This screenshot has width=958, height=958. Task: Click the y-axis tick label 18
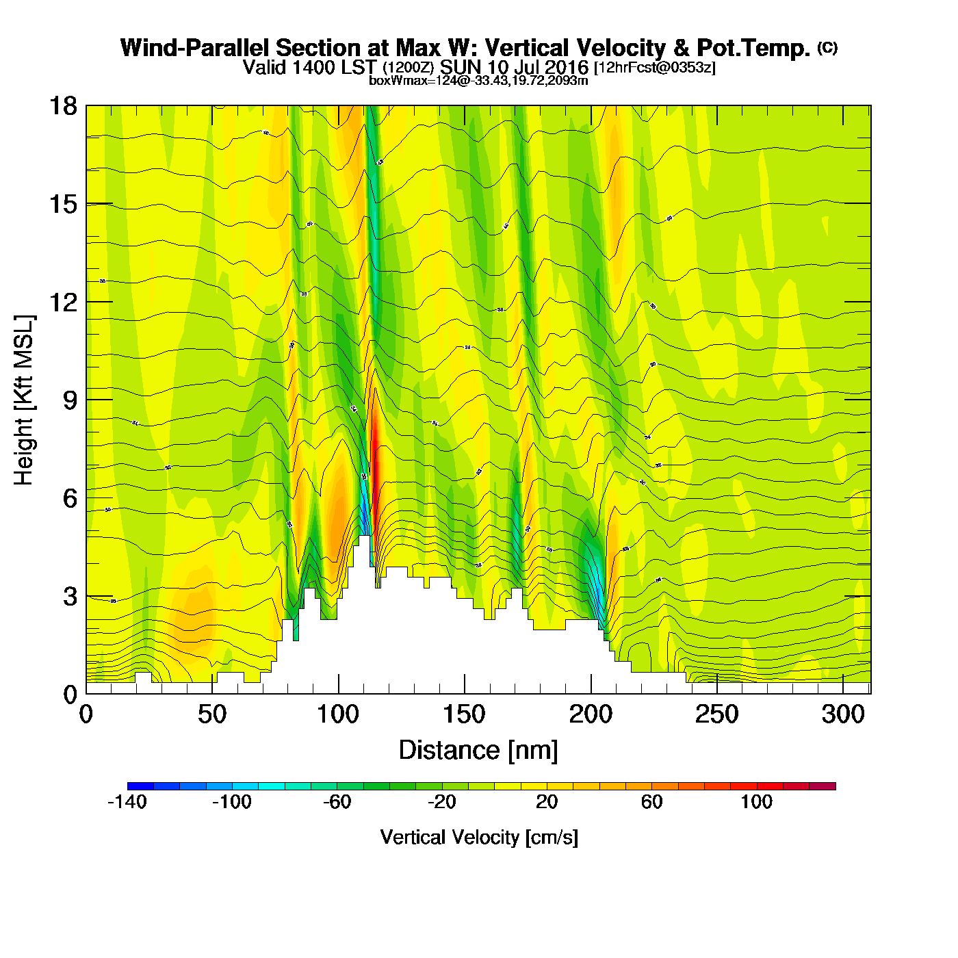(x=62, y=106)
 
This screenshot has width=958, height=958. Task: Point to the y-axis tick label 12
(x=62, y=302)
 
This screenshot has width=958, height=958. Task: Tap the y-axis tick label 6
(x=70, y=498)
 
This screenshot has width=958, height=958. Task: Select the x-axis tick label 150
(x=464, y=715)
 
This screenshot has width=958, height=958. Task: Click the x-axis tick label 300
(x=843, y=715)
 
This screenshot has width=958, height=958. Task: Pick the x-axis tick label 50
(x=211, y=715)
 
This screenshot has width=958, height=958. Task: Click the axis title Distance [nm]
(x=478, y=750)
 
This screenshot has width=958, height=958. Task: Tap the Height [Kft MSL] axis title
(x=24, y=400)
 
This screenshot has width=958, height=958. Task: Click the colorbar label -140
(x=127, y=802)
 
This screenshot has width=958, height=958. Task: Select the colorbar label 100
(x=756, y=802)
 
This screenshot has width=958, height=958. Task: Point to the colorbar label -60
(x=337, y=802)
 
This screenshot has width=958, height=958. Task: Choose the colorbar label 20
(x=547, y=802)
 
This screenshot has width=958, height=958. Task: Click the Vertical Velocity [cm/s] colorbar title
(x=479, y=837)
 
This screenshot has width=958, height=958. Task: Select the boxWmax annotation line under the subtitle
(x=478, y=80)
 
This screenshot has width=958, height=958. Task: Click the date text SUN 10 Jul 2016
(x=514, y=67)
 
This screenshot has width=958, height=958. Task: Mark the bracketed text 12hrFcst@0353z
(x=655, y=68)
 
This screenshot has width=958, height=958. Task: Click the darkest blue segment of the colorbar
(x=140, y=786)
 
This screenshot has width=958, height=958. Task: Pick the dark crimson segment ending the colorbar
(x=823, y=786)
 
